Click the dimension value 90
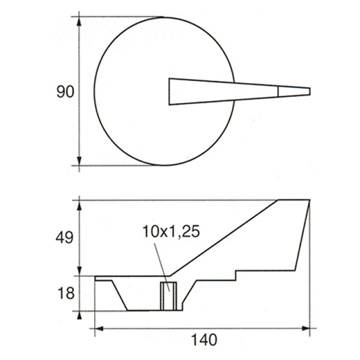click(x=65, y=92)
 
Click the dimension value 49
click(x=64, y=238)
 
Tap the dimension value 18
click(x=66, y=293)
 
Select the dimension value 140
click(x=204, y=340)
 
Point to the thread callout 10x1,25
click(x=171, y=231)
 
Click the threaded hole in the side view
click(x=168, y=296)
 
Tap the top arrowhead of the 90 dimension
click(x=79, y=22)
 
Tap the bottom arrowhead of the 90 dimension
click(x=79, y=161)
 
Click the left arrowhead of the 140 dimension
click(x=99, y=328)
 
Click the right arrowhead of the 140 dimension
click(x=306, y=328)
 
